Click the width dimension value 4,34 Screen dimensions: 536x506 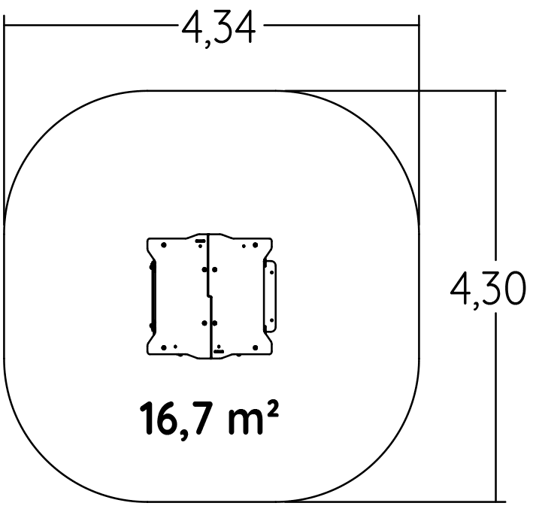[219, 29]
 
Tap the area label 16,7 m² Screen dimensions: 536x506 [210, 419]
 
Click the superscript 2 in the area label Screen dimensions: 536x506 [274, 409]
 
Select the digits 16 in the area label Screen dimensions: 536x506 [158, 418]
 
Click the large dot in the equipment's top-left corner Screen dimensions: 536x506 [164, 245]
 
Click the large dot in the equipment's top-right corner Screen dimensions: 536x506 [255, 245]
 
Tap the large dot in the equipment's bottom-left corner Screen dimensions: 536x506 [164, 347]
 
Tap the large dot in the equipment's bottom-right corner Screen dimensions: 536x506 [255, 347]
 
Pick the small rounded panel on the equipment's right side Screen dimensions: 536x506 [271, 296]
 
